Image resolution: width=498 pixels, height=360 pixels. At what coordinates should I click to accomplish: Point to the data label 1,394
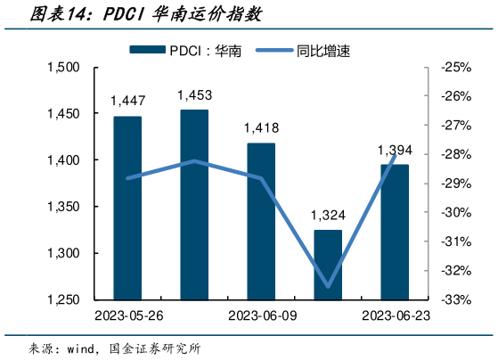point(395,150)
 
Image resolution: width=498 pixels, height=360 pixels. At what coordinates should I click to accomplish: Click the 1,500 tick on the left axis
point(63,68)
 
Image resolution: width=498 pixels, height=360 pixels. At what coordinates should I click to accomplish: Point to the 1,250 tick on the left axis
point(63,300)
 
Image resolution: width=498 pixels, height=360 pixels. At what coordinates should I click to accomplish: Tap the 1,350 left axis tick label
point(63,207)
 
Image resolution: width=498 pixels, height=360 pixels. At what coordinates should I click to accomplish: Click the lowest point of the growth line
point(328,286)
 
